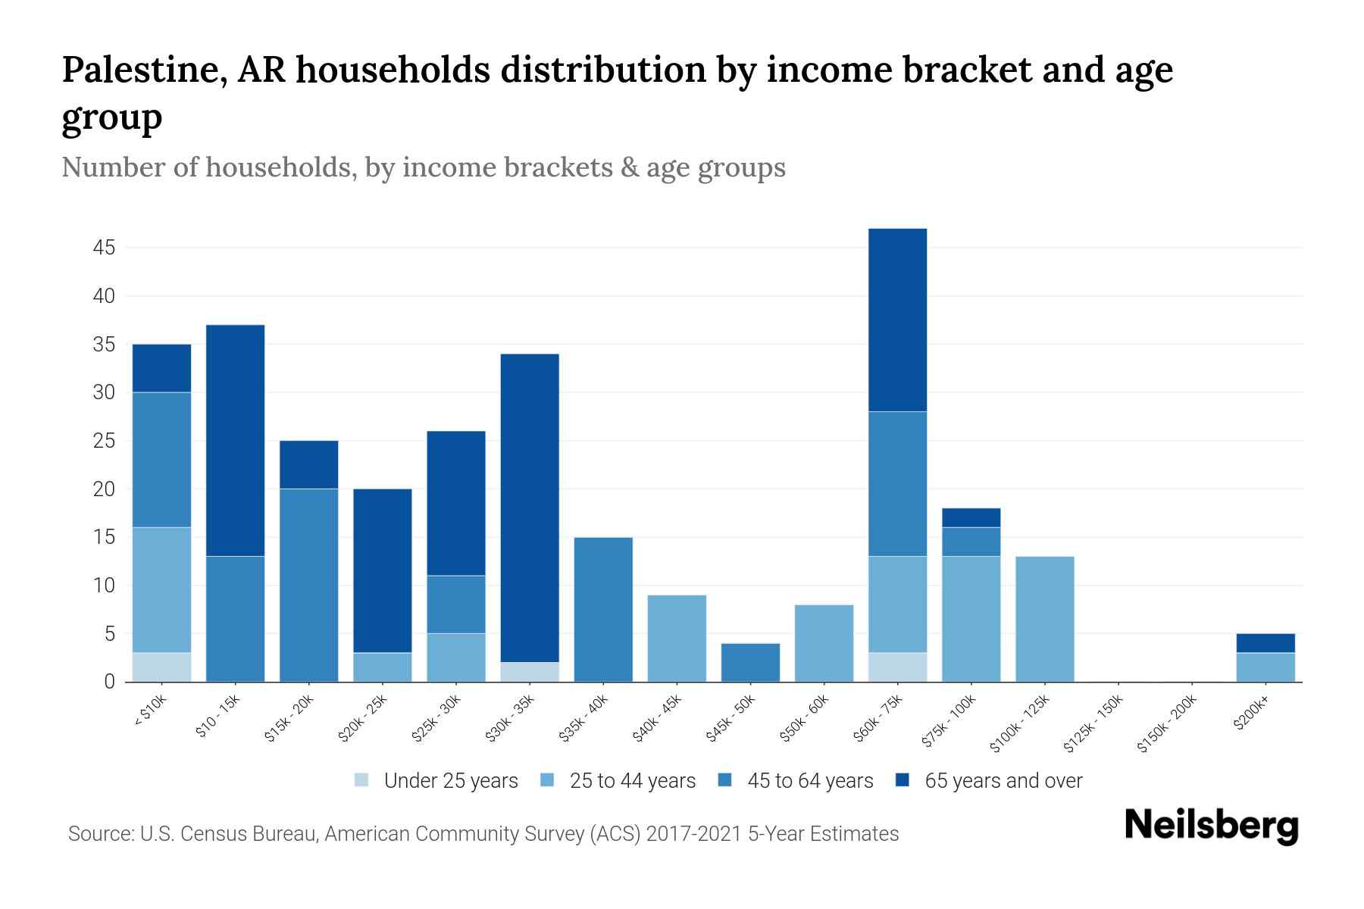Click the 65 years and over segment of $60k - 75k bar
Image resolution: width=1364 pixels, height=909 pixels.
[897, 320]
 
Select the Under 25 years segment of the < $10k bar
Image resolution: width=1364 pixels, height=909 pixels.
[161, 667]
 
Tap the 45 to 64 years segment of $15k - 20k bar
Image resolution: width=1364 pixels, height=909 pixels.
[308, 585]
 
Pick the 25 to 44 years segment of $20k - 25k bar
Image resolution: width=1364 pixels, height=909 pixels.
[383, 667]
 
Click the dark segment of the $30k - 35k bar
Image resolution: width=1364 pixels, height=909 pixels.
[530, 508]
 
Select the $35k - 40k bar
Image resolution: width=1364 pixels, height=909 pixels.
[603, 609]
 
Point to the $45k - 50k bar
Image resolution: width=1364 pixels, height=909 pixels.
[750, 662]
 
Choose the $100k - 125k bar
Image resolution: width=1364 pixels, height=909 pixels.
[1044, 619]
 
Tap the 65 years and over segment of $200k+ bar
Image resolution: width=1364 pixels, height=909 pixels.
[1265, 642]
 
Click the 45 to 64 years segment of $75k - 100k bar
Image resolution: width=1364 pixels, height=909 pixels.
[971, 542]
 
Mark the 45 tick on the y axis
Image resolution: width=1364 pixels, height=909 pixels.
[105, 248]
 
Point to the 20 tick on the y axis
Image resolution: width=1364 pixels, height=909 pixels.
[105, 489]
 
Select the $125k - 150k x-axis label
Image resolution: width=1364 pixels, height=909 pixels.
[1093, 724]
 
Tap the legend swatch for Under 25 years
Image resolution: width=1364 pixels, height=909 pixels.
[362, 779]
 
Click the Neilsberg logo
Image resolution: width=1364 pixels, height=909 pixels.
[1211, 826]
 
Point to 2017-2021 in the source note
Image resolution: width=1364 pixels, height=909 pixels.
[693, 834]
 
